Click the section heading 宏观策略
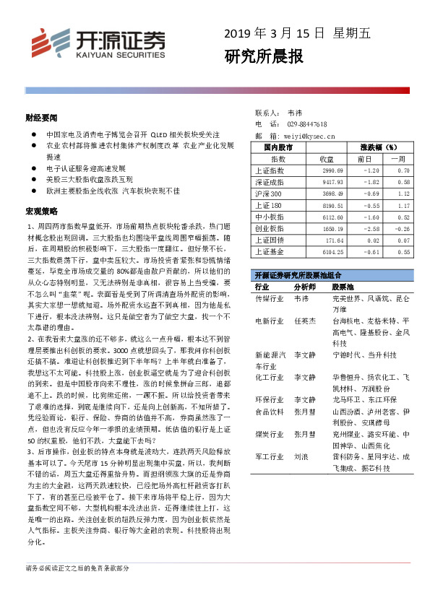pyautogui.click(x=41, y=211)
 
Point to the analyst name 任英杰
pyautogui.click(x=304, y=320)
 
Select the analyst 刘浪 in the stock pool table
pyautogui.click(x=301, y=457)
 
